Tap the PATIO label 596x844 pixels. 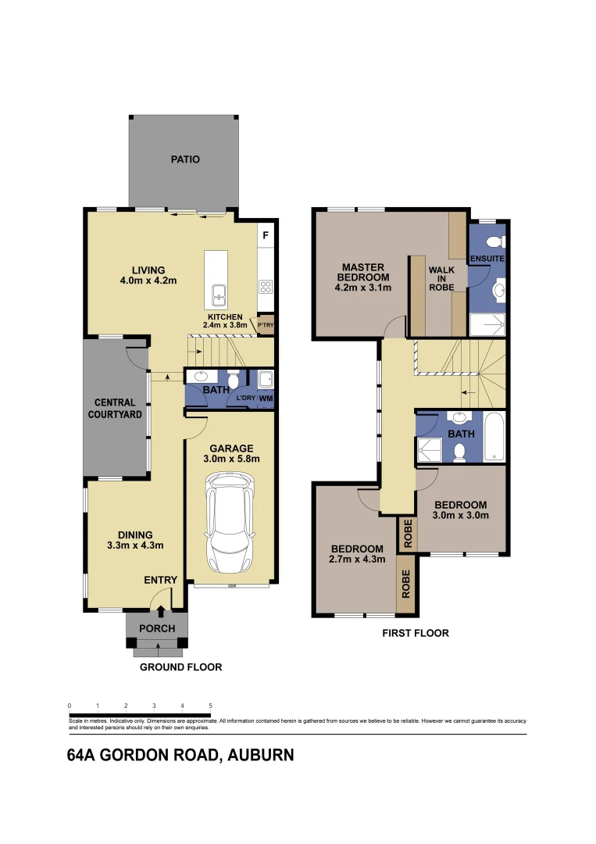(x=185, y=159)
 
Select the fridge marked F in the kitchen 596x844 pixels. (x=266, y=234)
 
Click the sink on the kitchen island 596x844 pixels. (x=218, y=296)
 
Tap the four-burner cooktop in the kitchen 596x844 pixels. (x=266, y=286)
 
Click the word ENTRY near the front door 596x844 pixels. (x=160, y=580)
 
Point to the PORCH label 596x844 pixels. (x=157, y=628)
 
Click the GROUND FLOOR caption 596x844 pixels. (x=180, y=667)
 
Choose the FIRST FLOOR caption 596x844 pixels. (x=415, y=633)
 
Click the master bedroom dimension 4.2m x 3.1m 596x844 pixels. (x=363, y=288)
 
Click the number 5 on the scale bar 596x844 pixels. (x=210, y=706)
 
